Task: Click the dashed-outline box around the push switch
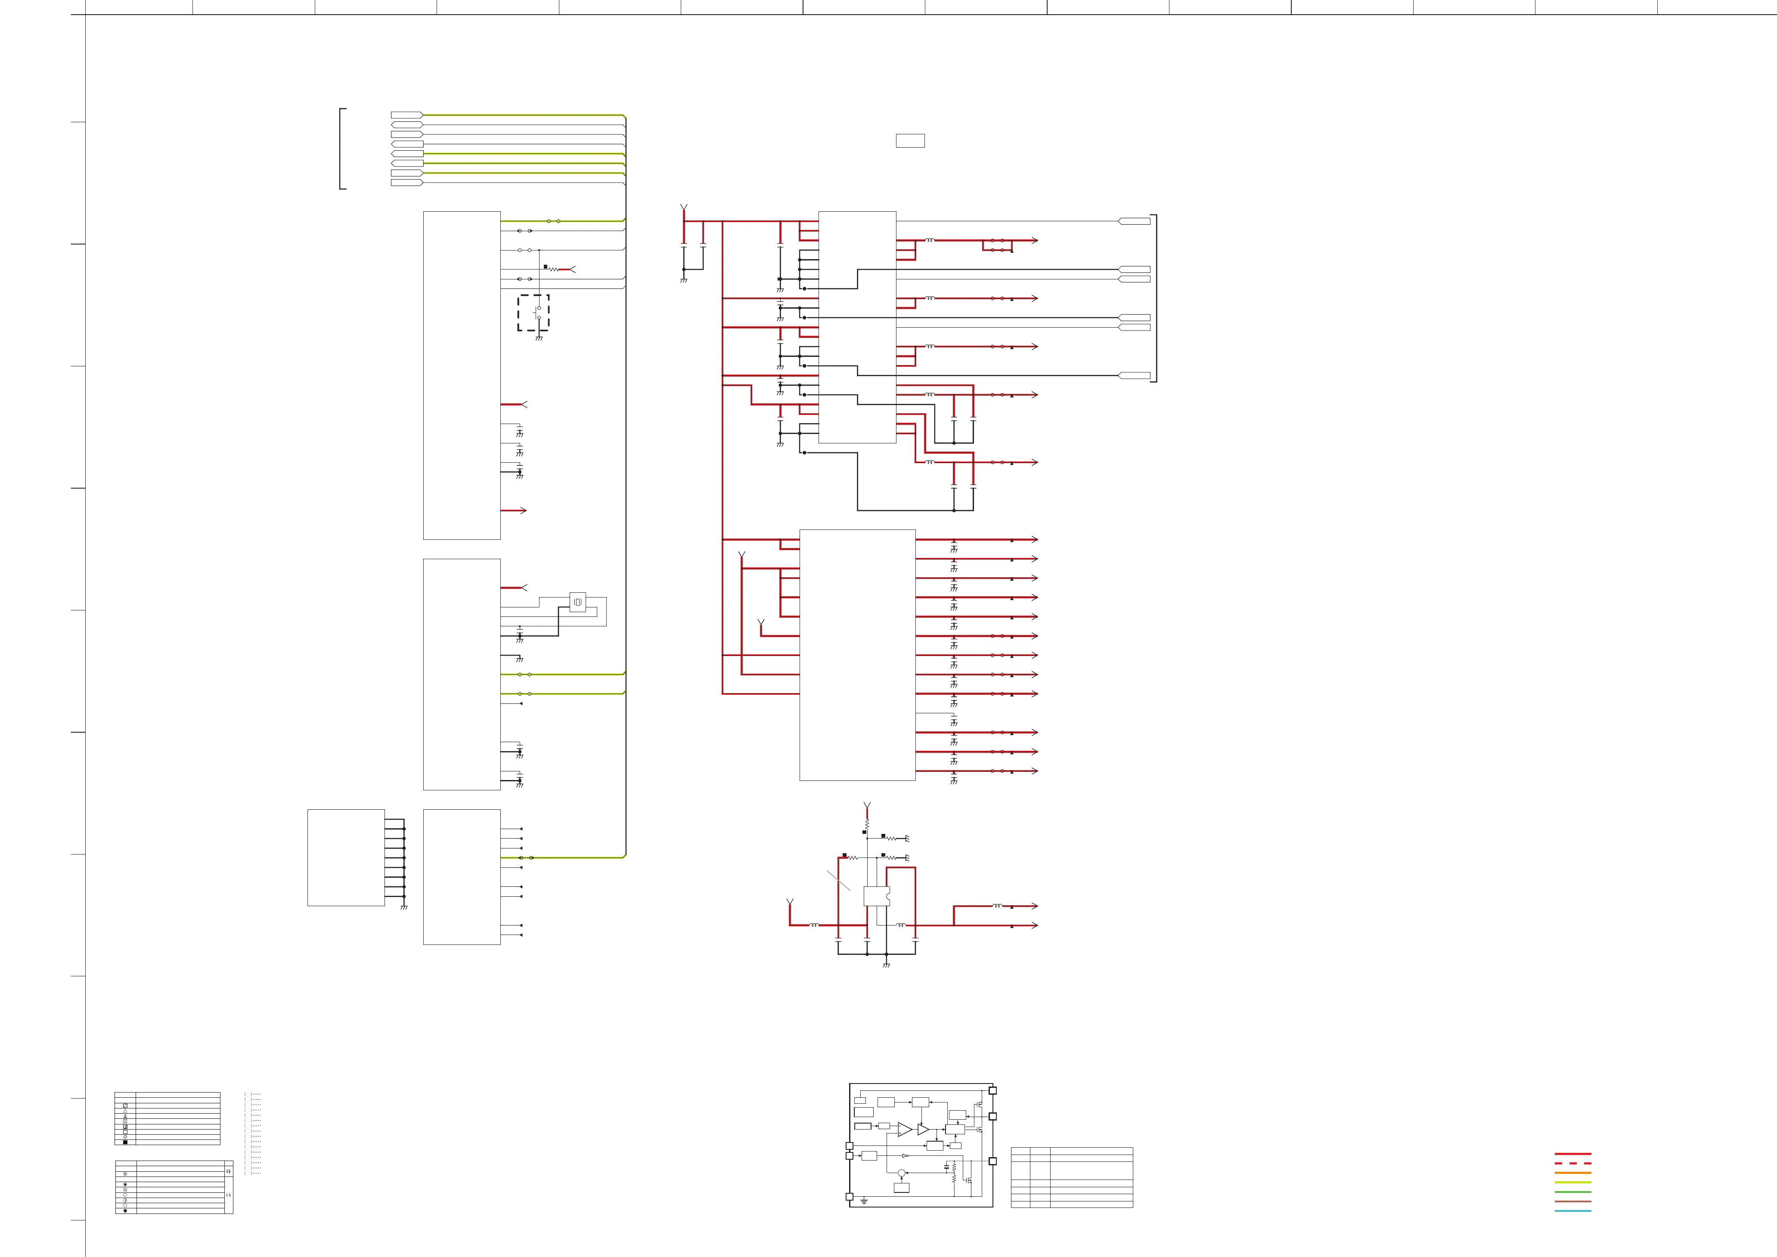point(533,313)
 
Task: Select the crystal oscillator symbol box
point(577,602)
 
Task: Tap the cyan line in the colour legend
point(1572,1211)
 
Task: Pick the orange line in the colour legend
point(1572,1173)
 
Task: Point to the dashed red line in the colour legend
point(1572,1163)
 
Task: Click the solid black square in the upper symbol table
point(125,1142)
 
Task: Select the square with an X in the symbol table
point(125,1105)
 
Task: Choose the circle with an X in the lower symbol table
point(125,1174)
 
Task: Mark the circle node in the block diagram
point(901,1173)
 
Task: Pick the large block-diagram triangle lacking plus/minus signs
point(923,1129)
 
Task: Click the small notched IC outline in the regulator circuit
point(877,896)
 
